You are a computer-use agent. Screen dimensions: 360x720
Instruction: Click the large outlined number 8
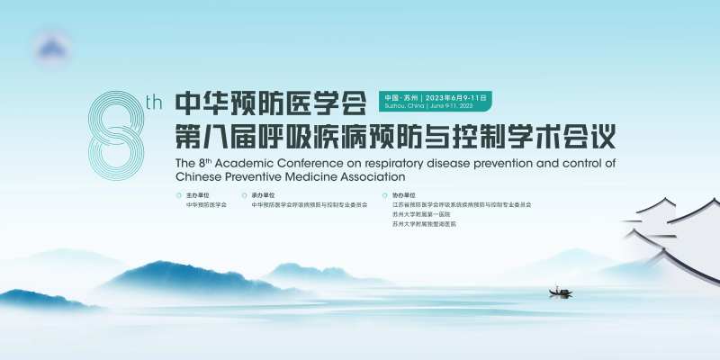[x=117, y=135]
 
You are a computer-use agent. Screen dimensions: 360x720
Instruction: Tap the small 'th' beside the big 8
[x=153, y=103]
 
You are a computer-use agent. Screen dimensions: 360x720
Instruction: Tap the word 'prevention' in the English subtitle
[x=517, y=164]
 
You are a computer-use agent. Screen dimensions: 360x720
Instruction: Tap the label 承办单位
[x=264, y=194]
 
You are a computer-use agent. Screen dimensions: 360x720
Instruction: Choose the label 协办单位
[x=404, y=194]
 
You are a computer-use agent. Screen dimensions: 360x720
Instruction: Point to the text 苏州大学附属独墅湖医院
[x=424, y=223]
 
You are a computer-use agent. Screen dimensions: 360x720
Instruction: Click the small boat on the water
[x=560, y=292]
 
